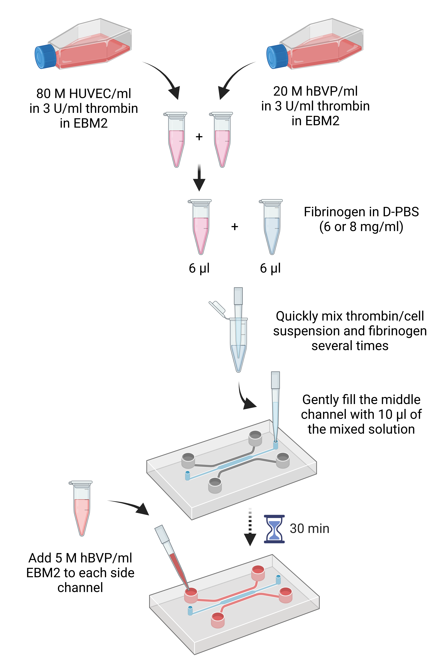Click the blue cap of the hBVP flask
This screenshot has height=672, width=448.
pos(277,56)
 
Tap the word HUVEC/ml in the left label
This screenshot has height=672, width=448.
pos(100,93)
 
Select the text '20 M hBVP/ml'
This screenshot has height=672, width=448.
pos(315,91)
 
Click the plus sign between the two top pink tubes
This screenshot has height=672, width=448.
pos(199,137)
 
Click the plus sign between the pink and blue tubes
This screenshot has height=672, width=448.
pos(235,227)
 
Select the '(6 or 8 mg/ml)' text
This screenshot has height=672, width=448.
pos(361,227)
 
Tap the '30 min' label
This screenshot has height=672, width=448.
pos(309,529)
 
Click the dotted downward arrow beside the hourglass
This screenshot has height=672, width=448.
pos(250,527)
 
